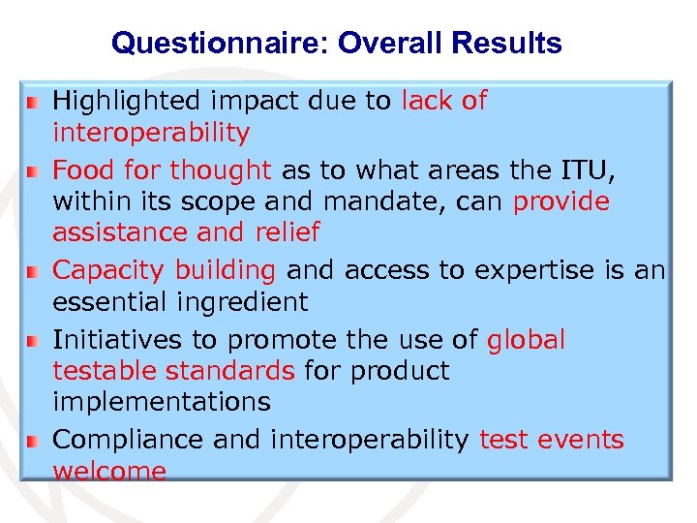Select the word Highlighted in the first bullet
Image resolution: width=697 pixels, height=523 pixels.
125,101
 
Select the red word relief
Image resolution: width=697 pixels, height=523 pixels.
288,232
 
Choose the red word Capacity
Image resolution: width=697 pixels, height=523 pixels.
107,270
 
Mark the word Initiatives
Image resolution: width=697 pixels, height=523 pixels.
117,340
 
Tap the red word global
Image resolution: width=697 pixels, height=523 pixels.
526,340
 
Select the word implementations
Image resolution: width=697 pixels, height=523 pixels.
161,401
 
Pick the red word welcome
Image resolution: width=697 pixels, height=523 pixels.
108,471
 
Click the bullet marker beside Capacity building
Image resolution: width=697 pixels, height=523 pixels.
32,271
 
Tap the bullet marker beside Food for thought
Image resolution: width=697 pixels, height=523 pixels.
32,171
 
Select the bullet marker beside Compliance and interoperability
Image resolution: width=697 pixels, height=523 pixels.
32,441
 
